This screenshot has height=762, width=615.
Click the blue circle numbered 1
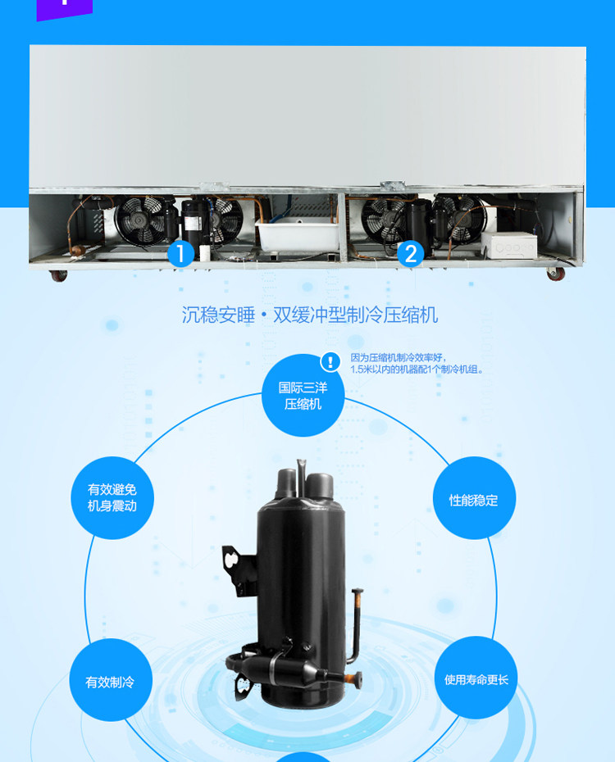click(x=180, y=252)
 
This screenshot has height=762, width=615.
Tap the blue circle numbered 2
click(x=410, y=253)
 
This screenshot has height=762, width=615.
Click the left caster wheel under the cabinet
click(x=58, y=274)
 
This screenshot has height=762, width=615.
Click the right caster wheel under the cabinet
click(x=555, y=273)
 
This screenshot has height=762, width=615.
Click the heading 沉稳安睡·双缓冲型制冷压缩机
click(x=309, y=315)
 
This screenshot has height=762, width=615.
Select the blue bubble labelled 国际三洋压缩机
click(x=303, y=396)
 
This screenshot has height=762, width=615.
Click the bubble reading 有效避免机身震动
click(x=112, y=497)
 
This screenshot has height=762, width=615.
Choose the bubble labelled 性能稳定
click(x=474, y=499)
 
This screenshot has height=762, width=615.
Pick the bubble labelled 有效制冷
click(x=110, y=681)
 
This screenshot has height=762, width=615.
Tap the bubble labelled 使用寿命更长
click(x=476, y=678)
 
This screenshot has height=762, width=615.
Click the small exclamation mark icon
click(x=330, y=361)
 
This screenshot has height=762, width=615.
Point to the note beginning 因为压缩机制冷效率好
click(x=417, y=364)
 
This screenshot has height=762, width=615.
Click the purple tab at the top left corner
click(x=65, y=9)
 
